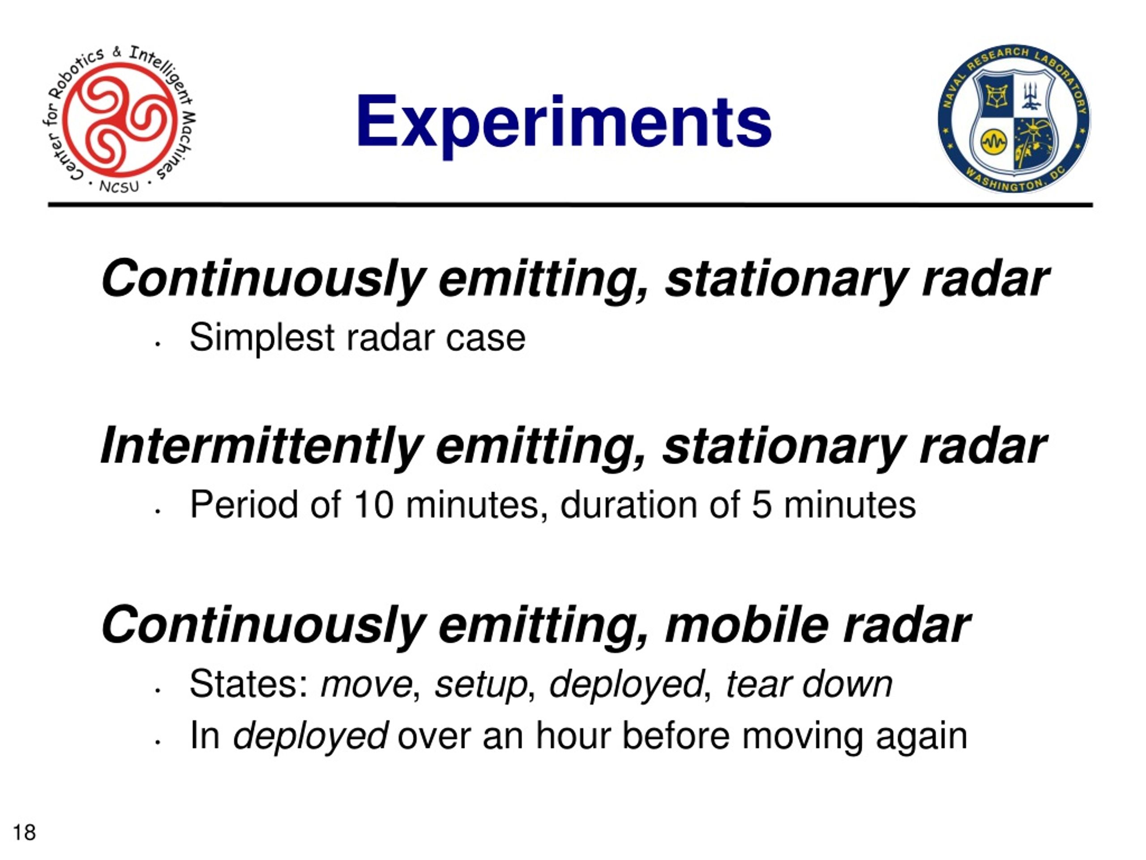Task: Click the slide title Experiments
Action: point(564,125)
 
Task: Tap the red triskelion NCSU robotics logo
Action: point(119,119)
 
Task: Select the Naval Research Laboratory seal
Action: point(1013,119)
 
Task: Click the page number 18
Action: point(24,833)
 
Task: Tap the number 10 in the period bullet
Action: point(373,505)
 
